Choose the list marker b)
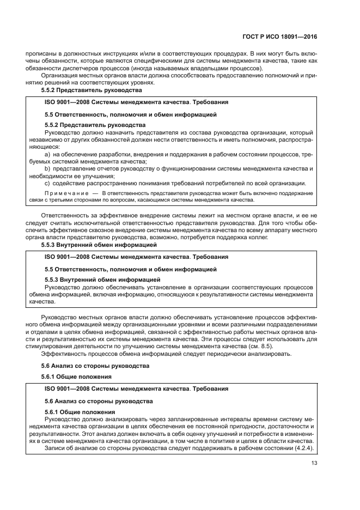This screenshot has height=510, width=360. [47, 168]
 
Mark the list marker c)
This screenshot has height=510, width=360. [47, 183]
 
